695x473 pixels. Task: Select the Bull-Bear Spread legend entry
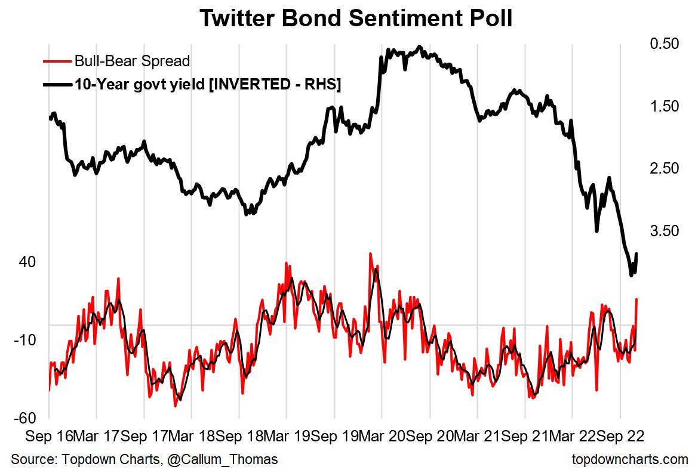[132, 61]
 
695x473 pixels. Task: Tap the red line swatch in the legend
[57, 61]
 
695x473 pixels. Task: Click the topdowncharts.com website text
[629, 459]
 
